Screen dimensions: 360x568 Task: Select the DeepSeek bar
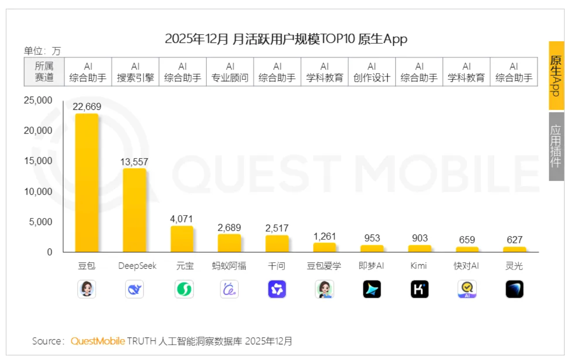pyautogui.click(x=135, y=210)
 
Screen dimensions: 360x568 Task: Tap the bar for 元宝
pyautogui.click(x=182, y=239)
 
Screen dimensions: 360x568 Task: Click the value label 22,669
pyautogui.click(x=87, y=107)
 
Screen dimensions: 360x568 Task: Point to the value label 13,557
pyautogui.click(x=134, y=162)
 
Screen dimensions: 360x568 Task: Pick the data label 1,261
pyautogui.click(x=324, y=237)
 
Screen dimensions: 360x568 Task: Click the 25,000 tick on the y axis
pyautogui.click(x=38, y=100)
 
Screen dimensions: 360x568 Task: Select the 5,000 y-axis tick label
pyautogui.click(x=40, y=222)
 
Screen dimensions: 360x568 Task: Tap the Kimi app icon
pyautogui.click(x=419, y=289)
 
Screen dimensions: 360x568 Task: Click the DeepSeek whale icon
pyautogui.click(x=135, y=289)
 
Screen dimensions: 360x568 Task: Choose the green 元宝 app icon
pyautogui.click(x=184, y=289)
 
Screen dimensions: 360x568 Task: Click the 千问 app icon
pyautogui.click(x=277, y=289)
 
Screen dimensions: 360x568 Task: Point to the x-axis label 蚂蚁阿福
pyautogui.click(x=229, y=266)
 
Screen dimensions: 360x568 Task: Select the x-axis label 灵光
pyautogui.click(x=514, y=266)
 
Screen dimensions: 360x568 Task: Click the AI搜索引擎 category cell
pyautogui.click(x=135, y=72)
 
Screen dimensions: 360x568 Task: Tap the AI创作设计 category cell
pyautogui.click(x=372, y=72)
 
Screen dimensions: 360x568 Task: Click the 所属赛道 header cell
pyautogui.click(x=44, y=72)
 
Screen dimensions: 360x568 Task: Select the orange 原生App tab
pyautogui.click(x=556, y=76)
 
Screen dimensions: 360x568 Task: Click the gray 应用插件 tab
pyautogui.click(x=556, y=146)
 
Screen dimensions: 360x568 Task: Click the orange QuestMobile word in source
pyautogui.click(x=98, y=341)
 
